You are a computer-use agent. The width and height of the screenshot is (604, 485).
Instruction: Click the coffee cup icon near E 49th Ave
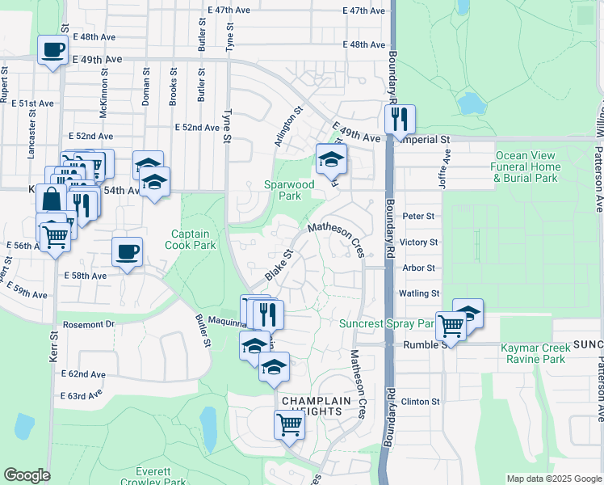(53, 50)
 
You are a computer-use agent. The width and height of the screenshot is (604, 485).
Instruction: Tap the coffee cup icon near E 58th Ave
(127, 251)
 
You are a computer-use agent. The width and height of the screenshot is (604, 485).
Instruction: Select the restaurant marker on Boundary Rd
(399, 120)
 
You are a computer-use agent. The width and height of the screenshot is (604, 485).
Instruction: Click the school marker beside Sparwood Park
(330, 160)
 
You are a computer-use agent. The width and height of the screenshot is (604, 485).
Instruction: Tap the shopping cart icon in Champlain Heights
(289, 424)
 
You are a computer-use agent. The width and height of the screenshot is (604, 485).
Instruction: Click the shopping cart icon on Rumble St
(451, 326)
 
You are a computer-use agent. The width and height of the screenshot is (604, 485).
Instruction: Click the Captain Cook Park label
(191, 238)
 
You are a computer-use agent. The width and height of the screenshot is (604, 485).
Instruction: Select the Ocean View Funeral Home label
(526, 167)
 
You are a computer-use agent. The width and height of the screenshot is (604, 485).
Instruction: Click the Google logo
(27, 475)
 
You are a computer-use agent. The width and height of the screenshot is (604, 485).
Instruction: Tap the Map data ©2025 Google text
(554, 479)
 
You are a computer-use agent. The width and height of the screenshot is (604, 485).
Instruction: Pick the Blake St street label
(278, 266)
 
